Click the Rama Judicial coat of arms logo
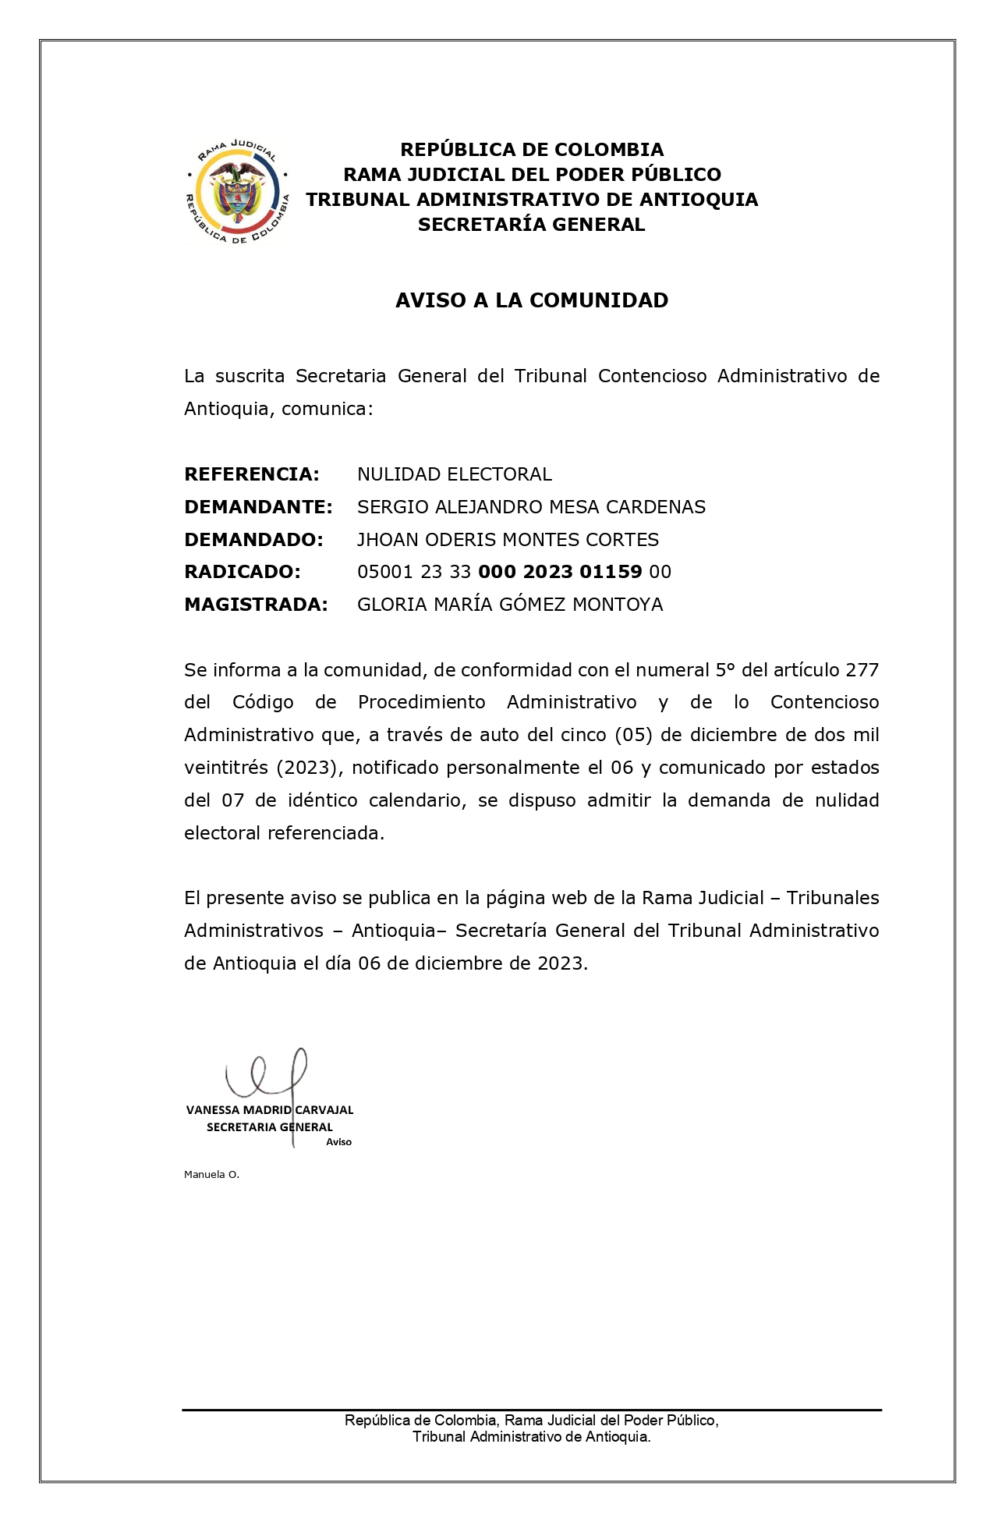[237, 193]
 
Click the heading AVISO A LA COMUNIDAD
[531, 300]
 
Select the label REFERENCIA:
[251, 474]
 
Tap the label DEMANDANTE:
[258, 507]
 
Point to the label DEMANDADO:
[253, 540]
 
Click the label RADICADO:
[242, 572]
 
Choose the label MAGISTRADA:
[256, 605]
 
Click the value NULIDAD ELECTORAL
[454, 474]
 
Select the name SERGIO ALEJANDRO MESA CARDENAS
[531, 507]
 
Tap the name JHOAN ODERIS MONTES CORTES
[508, 540]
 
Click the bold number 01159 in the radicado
[611, 572]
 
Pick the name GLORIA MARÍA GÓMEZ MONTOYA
[510, 605]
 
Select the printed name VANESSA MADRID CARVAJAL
[270, 1109]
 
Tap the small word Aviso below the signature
[338, 1142]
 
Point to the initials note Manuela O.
[211, 1174]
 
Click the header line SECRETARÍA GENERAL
[531, 225]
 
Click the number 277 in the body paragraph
[862, 670]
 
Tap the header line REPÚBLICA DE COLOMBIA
[531, 150]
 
